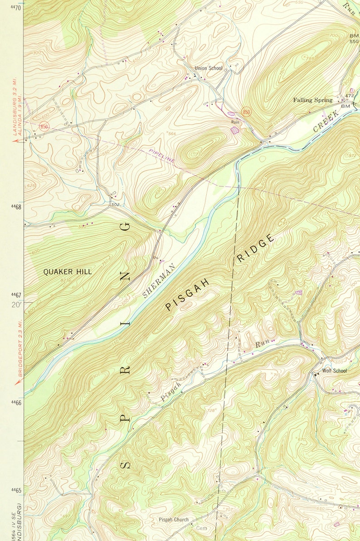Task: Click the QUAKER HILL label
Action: coord(67,272)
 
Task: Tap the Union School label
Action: coord(209,68)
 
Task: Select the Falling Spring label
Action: coord(312,100)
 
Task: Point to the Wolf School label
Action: coord(334,371)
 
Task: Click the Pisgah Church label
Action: coord(174,520)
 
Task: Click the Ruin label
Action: coord(235,122)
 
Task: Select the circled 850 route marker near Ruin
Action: coord(246,111)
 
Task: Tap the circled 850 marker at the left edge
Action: coord(44,126)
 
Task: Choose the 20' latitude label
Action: coord(16,304)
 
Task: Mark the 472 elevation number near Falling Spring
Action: coord(349,96)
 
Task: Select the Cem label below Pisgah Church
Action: coord(201,528)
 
